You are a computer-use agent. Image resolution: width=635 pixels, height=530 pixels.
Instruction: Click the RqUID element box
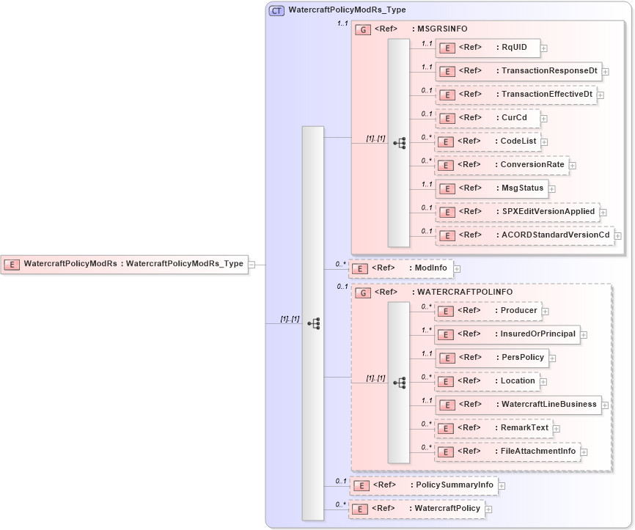pyautogui.click(x=488, y=48)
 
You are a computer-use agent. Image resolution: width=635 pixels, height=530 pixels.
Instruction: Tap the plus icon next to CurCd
pyautogui.click(x=544, y=118)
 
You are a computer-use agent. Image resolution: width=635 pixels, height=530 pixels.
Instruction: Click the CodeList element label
pyautogui.click(x=516, y=141)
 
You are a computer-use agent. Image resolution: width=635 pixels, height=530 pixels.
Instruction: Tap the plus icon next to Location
pyautogui.click(x=544, y=382)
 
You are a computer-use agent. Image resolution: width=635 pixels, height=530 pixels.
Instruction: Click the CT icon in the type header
pyautogui.click(x=277, y=11)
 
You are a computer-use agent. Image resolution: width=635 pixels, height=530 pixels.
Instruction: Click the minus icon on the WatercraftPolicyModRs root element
pyautogui.click(x=252, y=264)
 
